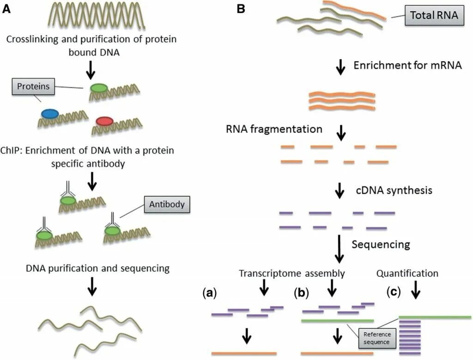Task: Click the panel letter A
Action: pos(6,8)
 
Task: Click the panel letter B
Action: pos(241,8)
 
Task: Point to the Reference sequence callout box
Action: pos(377,338)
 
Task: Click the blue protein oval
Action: pos(49,113)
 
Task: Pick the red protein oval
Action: pos(104,121)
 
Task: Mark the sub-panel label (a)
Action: pos(210,292)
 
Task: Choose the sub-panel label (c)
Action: pos(394,292)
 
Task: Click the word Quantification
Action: pos(407,274)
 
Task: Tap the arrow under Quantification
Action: pos(415,290)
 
